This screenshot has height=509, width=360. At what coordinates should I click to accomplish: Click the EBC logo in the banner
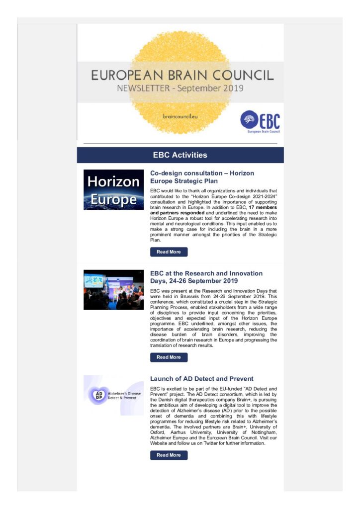(x=260, y=122)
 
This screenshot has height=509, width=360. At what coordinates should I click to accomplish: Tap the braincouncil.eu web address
(x=180, y=115)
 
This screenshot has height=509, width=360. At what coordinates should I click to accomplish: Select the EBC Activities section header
(x=180, y=155)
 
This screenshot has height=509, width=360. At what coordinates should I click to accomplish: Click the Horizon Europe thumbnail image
(x=113, y=189)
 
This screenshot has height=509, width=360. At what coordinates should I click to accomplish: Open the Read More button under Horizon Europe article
(x=169, y=252)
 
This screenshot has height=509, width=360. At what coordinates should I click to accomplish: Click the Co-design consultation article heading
(x=202, y=177)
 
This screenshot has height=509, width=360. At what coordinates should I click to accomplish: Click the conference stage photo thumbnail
(x=113, y=289)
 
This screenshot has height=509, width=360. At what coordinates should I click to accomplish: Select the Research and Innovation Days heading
(x=206, y=277)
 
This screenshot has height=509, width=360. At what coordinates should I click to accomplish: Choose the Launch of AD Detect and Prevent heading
(x=201, y=379)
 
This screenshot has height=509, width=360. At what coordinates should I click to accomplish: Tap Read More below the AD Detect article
(x=169, y=455)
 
